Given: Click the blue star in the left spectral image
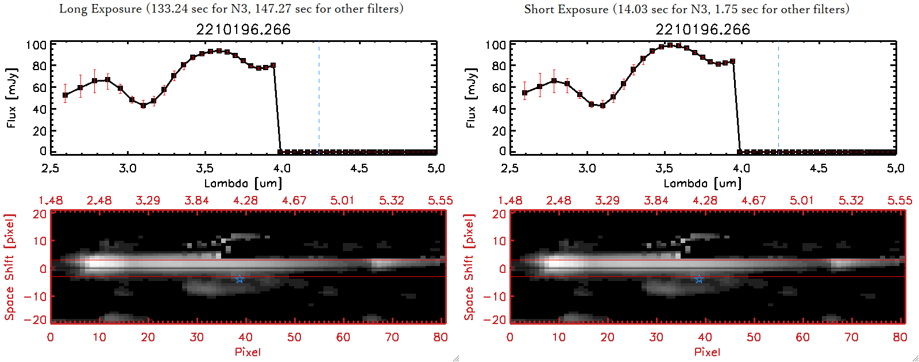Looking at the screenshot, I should click(240, 279).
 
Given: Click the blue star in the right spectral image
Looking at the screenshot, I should click(699, 279).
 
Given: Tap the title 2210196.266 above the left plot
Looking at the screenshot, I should click(243, 29).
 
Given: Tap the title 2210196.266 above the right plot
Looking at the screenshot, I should click(702, 29).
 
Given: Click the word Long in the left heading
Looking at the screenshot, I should click(72, 9).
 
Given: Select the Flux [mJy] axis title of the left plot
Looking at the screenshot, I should click(11, 98).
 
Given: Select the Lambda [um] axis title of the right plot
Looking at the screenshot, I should click(702, 183).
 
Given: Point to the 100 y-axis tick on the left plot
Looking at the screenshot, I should click(36, 45).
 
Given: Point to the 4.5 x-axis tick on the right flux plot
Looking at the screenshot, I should click(818, 168).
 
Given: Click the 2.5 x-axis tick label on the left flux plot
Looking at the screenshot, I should click(51, 168).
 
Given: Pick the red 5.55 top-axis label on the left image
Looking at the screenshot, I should click(440, 201).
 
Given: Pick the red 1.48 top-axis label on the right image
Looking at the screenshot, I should click(510, 201).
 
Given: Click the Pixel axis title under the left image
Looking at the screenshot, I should click(248, 352).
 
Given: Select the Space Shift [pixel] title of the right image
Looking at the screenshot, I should click(469, 267).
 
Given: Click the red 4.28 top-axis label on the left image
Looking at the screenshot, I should click(245, 201).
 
